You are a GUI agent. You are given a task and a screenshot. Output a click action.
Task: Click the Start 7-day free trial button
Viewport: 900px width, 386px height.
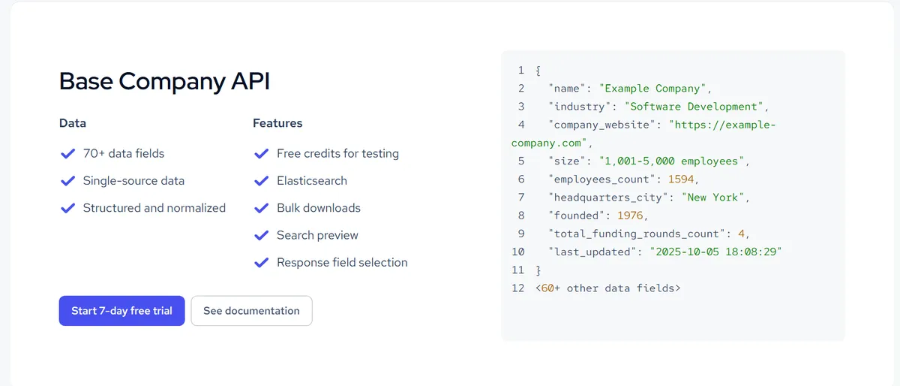(x=121, y=311)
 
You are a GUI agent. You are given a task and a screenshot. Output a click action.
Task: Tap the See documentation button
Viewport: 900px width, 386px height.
(x=251, y=311)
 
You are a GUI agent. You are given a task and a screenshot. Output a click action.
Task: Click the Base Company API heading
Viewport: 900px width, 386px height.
(x=164, y=82)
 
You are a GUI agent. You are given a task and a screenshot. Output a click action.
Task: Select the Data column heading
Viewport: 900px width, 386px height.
(x=73, y=123)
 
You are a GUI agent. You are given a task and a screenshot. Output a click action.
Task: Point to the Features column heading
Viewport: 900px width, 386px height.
(x=277, y=123)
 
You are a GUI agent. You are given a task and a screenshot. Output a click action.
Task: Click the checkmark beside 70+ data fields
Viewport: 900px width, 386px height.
(x=68, y=153)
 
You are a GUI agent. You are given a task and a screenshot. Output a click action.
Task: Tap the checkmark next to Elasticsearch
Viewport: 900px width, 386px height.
(x=262, y=181)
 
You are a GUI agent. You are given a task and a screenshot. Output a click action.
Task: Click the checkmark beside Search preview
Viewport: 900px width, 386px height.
(x=262, y=235)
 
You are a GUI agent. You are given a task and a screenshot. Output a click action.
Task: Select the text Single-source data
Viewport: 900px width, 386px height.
(x=133, y=181)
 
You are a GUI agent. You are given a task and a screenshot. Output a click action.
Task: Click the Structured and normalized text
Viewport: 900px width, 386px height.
(x=154, y=208)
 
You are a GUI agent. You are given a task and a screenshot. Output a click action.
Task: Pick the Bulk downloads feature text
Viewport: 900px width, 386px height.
(x=319, y=208)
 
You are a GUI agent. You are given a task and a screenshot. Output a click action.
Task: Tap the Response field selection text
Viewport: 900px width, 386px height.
(x=342, y=262)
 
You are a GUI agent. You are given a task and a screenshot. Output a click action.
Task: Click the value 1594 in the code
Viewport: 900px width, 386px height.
(x=681, y=179)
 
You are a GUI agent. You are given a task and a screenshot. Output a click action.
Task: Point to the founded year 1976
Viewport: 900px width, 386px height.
(x=630, y=216)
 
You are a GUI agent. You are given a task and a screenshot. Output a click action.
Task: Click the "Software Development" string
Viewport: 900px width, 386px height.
(x=694, y=106)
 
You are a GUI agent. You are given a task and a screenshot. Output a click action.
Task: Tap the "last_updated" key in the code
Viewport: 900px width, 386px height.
(x=592, y=252)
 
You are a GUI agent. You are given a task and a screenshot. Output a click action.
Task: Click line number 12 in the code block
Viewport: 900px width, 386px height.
(x=518, y=288)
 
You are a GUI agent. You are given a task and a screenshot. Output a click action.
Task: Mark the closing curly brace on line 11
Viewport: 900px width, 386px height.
(x=538, y=270)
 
